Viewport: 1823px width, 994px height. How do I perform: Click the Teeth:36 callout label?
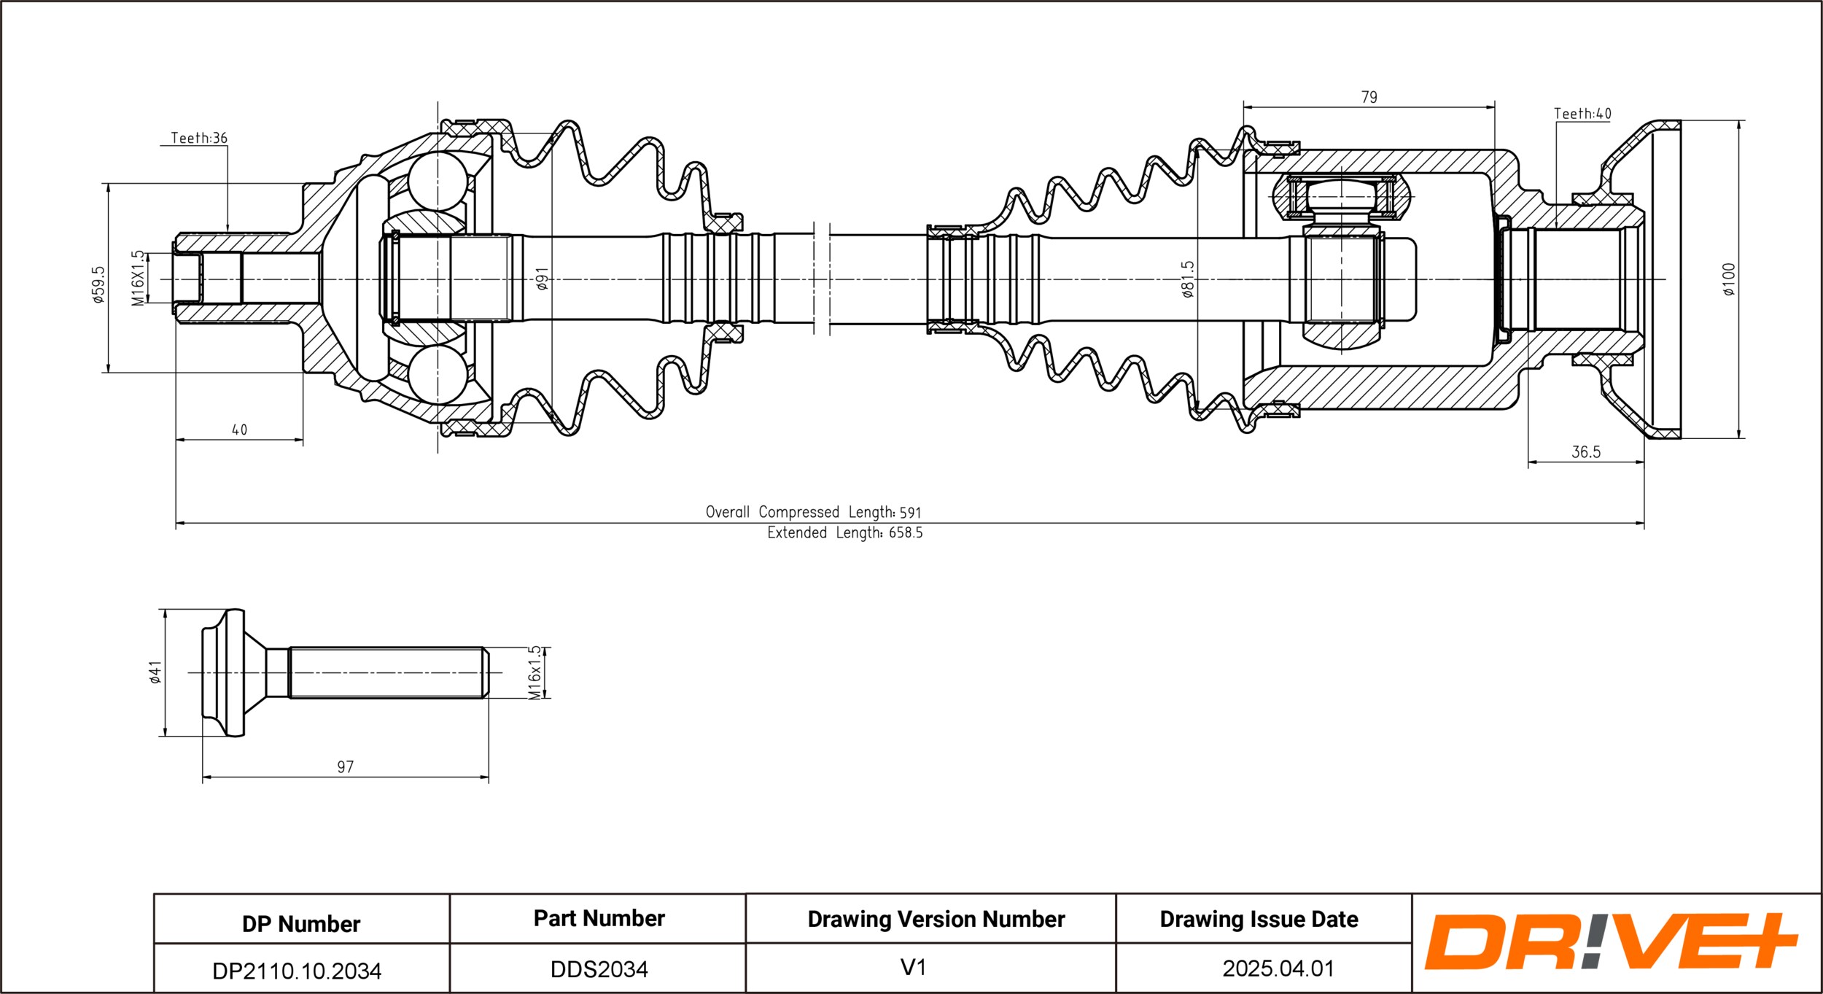tap(199, 138)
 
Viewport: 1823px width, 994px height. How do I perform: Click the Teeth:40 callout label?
tap(1582, 114)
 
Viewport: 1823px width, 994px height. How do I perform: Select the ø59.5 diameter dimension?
tap(98, 284)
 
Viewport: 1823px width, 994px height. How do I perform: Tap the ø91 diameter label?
tap(542, 279)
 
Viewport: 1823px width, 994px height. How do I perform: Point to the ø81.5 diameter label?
tap(1188, 279)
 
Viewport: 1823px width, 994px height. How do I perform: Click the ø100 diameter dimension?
tap(1729, 279)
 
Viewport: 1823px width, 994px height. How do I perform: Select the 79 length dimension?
tap(1369, 97)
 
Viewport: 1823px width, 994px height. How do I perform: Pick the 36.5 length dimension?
tap(1585, 452)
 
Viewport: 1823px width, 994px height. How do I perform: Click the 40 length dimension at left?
tap(239, 430)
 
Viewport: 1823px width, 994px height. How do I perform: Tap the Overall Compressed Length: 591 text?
tap(813, 512)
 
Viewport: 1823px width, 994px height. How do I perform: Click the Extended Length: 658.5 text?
tap(844, 533)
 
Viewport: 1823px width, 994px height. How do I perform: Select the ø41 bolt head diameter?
tap(155, 672)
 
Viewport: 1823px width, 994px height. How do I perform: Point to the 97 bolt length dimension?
tap(345, 766)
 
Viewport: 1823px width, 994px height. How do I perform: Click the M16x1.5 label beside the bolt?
tap(535, 672)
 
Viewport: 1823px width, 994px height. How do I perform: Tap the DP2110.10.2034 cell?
tap(297, 971)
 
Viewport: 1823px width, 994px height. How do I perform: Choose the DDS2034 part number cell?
tap(599, 969)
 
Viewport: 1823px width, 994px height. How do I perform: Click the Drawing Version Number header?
tap(936, 919)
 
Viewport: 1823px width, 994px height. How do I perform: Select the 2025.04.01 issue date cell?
tap(1278, 968)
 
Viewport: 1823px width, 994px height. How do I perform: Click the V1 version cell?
tap(912, 968)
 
